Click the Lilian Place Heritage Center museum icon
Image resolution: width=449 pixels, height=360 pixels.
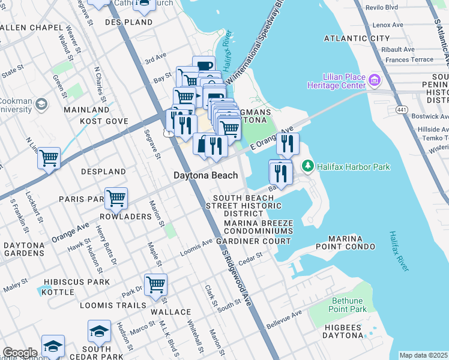click(375, 80)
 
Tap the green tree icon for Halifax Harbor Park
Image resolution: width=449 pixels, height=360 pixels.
click(308, 164)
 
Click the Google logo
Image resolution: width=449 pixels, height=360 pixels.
click(20, 353)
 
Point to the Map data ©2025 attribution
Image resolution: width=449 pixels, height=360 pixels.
click(423, 355)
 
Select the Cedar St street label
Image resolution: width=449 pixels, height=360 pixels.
click(251, 256)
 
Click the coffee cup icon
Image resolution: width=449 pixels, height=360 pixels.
click(204, 65)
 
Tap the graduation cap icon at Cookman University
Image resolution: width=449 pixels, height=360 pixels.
click(41, 105)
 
